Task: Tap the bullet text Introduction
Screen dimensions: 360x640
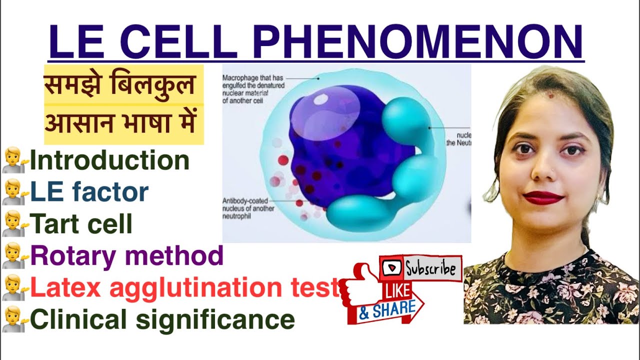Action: [x=109, y=160]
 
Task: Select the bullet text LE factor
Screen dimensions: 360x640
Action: [x=89, y=192]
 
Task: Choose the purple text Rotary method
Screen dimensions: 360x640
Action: [x=126, y=255]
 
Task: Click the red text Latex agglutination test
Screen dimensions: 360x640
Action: [x=184, y=287]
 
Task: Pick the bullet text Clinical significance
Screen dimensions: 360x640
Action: [x=162, y=319]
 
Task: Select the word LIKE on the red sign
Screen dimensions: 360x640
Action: [x=398, y=290]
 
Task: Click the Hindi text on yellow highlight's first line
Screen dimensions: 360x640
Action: [x=119, y=85]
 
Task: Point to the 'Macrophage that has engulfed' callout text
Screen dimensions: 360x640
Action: [x=253, y=89]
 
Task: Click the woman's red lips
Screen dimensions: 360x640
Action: [x=543, y=198]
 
